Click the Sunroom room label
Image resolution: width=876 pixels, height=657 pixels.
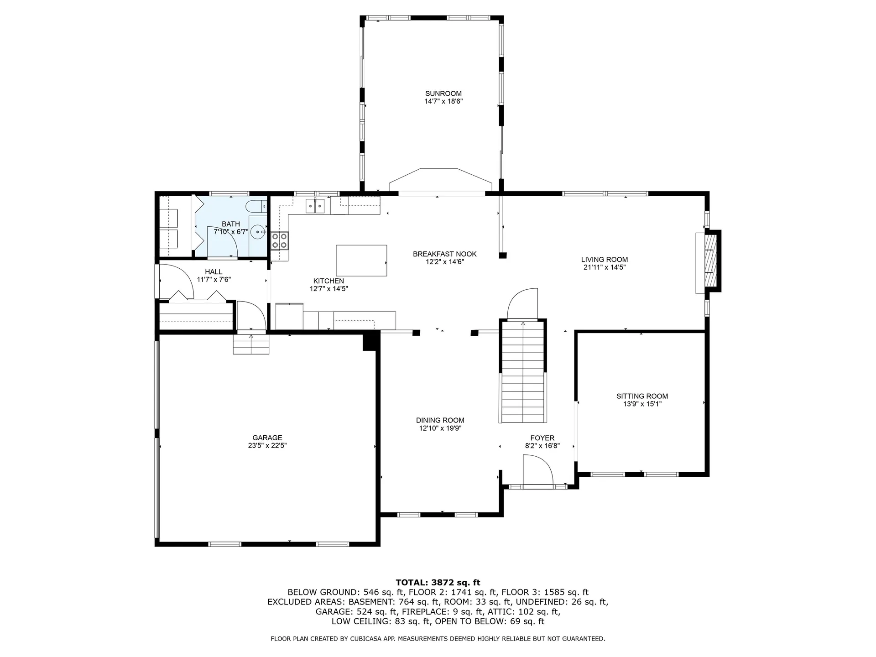(443, 94)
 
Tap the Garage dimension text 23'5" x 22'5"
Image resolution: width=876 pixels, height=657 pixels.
(267, 446)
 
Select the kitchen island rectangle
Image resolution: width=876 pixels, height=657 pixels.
(361, 261)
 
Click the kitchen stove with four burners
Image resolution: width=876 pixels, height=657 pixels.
(280, 240)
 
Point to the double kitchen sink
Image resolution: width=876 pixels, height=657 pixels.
(315, 206)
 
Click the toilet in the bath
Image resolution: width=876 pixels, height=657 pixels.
(256, 207)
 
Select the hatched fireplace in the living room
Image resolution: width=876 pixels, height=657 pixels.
(712, 261)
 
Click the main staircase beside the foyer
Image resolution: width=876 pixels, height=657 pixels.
(523, 372)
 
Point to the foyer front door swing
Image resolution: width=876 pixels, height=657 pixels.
(538, 474)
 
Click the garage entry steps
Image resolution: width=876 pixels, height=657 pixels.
(251, 344)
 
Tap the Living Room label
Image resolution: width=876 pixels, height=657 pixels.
(605, 260)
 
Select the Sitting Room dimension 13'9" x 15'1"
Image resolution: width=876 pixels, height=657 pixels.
(642, 404)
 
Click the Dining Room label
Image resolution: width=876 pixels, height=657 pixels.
(440, 420)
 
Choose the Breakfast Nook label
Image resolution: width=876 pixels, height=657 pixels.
(445, 254)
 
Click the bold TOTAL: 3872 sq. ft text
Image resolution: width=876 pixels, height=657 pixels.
(438, 582)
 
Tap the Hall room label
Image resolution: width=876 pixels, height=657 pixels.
(214, 272)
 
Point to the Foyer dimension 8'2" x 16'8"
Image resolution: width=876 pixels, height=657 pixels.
(542, 446)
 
